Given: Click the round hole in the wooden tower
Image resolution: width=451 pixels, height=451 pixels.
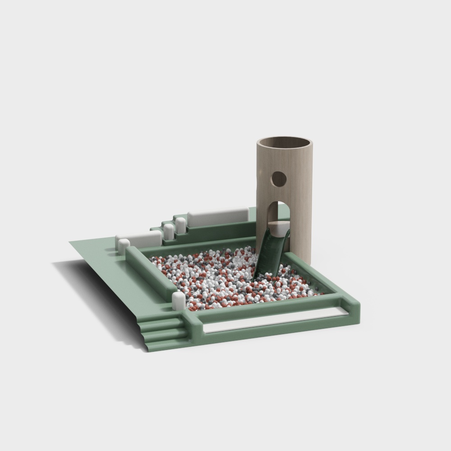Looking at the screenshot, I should click(x=278, y=179).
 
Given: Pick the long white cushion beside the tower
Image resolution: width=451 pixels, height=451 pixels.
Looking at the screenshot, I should click(x=218, y=217).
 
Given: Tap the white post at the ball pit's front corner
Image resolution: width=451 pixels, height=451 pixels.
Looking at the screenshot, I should click(x=179, y=301).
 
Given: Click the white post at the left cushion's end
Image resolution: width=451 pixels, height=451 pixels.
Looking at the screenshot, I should click(x=123, y=246).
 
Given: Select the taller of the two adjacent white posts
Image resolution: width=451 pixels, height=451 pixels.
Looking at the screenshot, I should click(x=180, y=225).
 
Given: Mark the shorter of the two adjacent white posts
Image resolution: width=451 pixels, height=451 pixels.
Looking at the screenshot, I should click(x=169, y=231).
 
